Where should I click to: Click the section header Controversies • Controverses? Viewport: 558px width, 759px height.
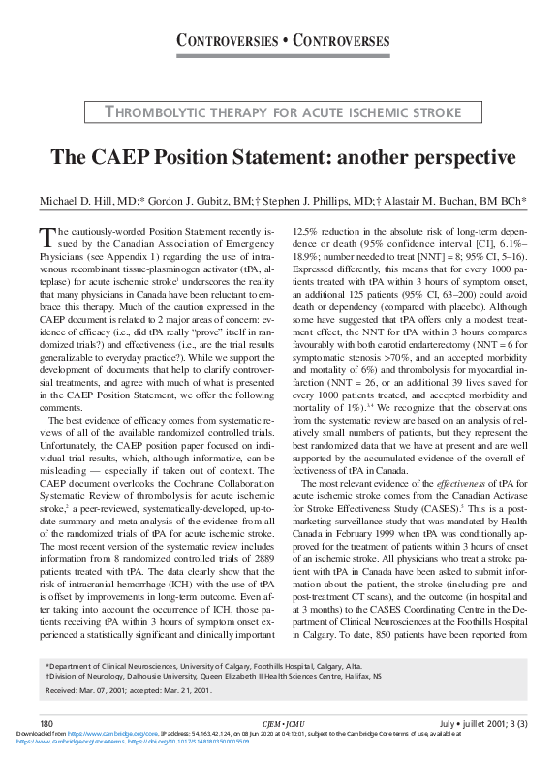[283, 40]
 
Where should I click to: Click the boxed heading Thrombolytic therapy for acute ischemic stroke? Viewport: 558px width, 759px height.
[284, 112]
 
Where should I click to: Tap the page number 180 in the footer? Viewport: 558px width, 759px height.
[46, 723]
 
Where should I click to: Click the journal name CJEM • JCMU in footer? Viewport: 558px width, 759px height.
[278, 723]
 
